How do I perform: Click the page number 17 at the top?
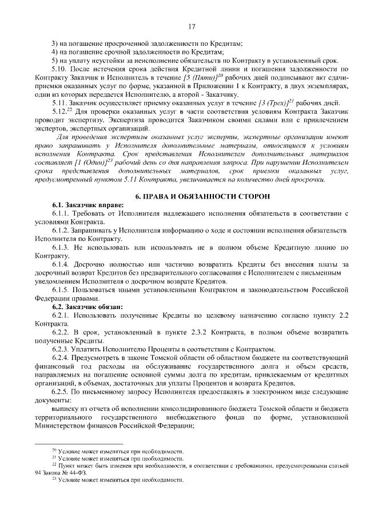(192, 26)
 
